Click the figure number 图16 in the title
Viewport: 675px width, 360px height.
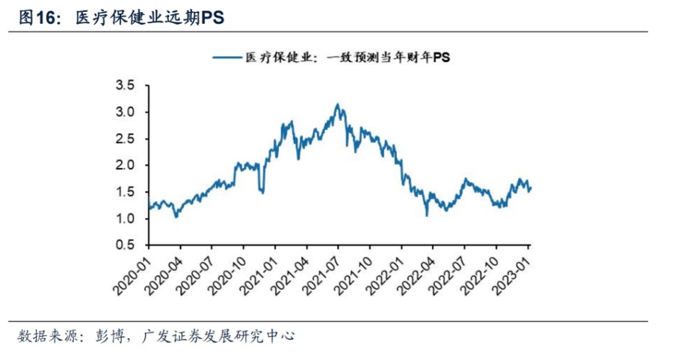coord(36,18)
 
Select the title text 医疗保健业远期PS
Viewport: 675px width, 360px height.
coord(150,18)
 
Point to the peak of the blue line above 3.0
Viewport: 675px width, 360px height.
coord(337,104)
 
